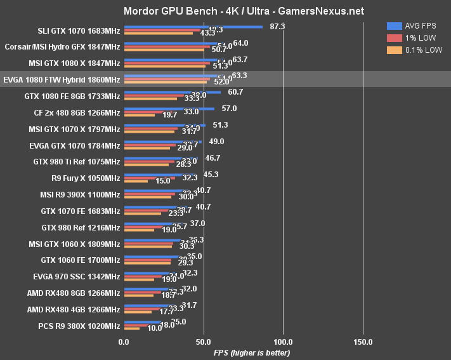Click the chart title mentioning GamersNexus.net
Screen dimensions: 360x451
click(x=226, y=11)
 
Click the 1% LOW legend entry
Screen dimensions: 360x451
click(x=419, y=38)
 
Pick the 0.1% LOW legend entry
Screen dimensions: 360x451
click(x=422, y=50)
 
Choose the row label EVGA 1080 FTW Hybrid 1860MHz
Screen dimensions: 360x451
click(x=62, y=79)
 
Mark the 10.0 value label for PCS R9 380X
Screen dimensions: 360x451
click(x=155, y=329)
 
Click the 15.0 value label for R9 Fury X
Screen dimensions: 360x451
click(x=162, y=180)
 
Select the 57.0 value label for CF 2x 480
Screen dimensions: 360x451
click(x=229, y=109)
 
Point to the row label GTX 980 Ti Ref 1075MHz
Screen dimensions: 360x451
click(x=76, y=162)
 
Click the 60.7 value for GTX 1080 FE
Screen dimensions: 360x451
click(x=235, y=92)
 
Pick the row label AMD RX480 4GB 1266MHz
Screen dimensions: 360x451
click(x=74, y=310)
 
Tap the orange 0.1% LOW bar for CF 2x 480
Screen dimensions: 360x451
click(x=140, y=115)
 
